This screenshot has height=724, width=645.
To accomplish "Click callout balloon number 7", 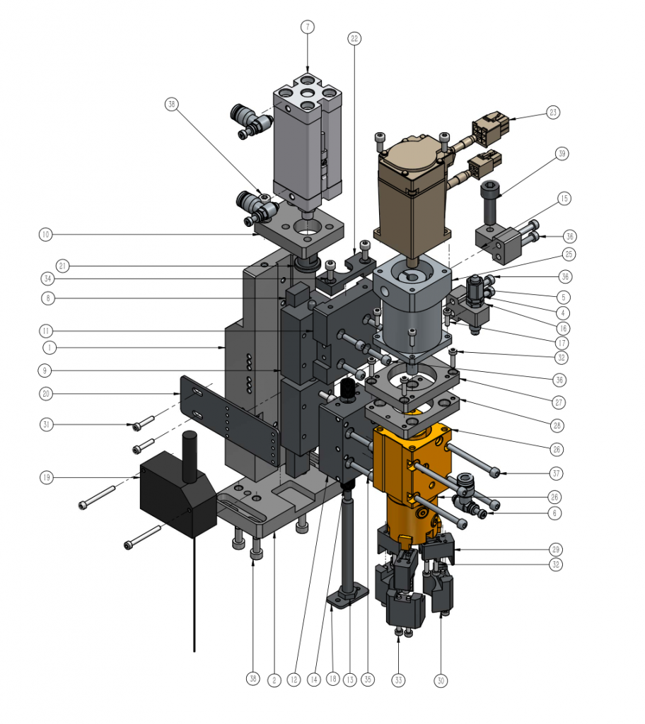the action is click(308, 27).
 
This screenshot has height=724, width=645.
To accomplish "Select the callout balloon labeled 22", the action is click(354, 38).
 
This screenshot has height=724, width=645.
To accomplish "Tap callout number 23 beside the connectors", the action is click(553, 112).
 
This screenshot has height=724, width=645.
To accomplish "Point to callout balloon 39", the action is click(562, 153).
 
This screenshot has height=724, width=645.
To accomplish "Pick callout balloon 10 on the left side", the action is click(46, 235).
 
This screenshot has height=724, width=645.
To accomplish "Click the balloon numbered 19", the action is click(46, 477).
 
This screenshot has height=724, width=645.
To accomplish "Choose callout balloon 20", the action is click(46, 394).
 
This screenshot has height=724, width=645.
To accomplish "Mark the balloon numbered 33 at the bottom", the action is click(398, 679).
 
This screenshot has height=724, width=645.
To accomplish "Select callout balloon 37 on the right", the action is click(556, 473).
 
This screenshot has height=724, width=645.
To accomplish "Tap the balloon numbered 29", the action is click(555, 549).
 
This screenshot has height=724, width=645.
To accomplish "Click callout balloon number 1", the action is click(50, 347).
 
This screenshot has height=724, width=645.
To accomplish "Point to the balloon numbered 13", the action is click(350, 679).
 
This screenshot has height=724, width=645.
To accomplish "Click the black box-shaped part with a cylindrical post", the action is click(178, 489).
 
